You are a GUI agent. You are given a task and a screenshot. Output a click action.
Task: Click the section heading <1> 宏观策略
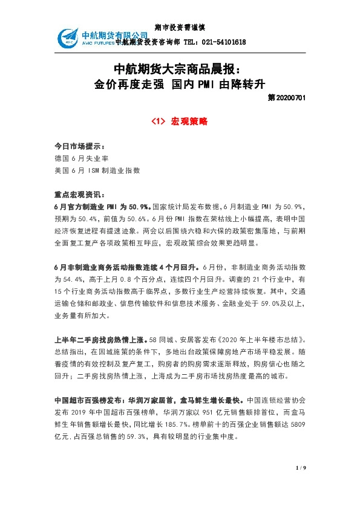[x=180, y=122]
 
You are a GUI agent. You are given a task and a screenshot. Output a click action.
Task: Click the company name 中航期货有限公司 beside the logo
[x=115, y=34]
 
